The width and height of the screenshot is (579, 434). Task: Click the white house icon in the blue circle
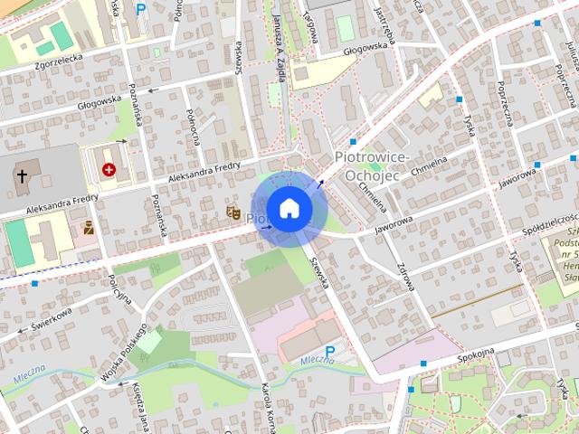tap(289, 208)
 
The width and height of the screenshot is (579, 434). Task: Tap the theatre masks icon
tap(233, 213)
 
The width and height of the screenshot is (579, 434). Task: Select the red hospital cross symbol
tap(109, 169)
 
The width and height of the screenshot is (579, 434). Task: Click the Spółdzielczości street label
tap(550, 222)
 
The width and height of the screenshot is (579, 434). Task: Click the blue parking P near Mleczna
tap(329, 352)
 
